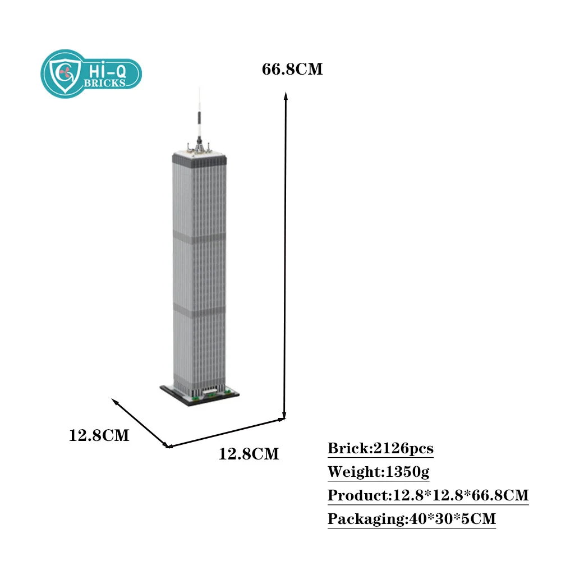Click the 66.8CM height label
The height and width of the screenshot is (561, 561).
292,70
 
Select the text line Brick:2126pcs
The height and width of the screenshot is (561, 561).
380,449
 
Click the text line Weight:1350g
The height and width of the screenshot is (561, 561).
378,472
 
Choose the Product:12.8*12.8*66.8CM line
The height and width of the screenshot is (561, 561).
428,496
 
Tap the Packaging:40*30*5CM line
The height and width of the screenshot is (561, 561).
411,519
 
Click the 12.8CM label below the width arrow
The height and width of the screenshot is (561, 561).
249,453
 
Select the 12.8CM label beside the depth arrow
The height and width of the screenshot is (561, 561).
99,435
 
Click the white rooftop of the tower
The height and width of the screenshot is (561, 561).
200,153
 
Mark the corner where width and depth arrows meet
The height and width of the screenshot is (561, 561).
168,447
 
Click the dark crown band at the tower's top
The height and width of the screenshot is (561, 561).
200,162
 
